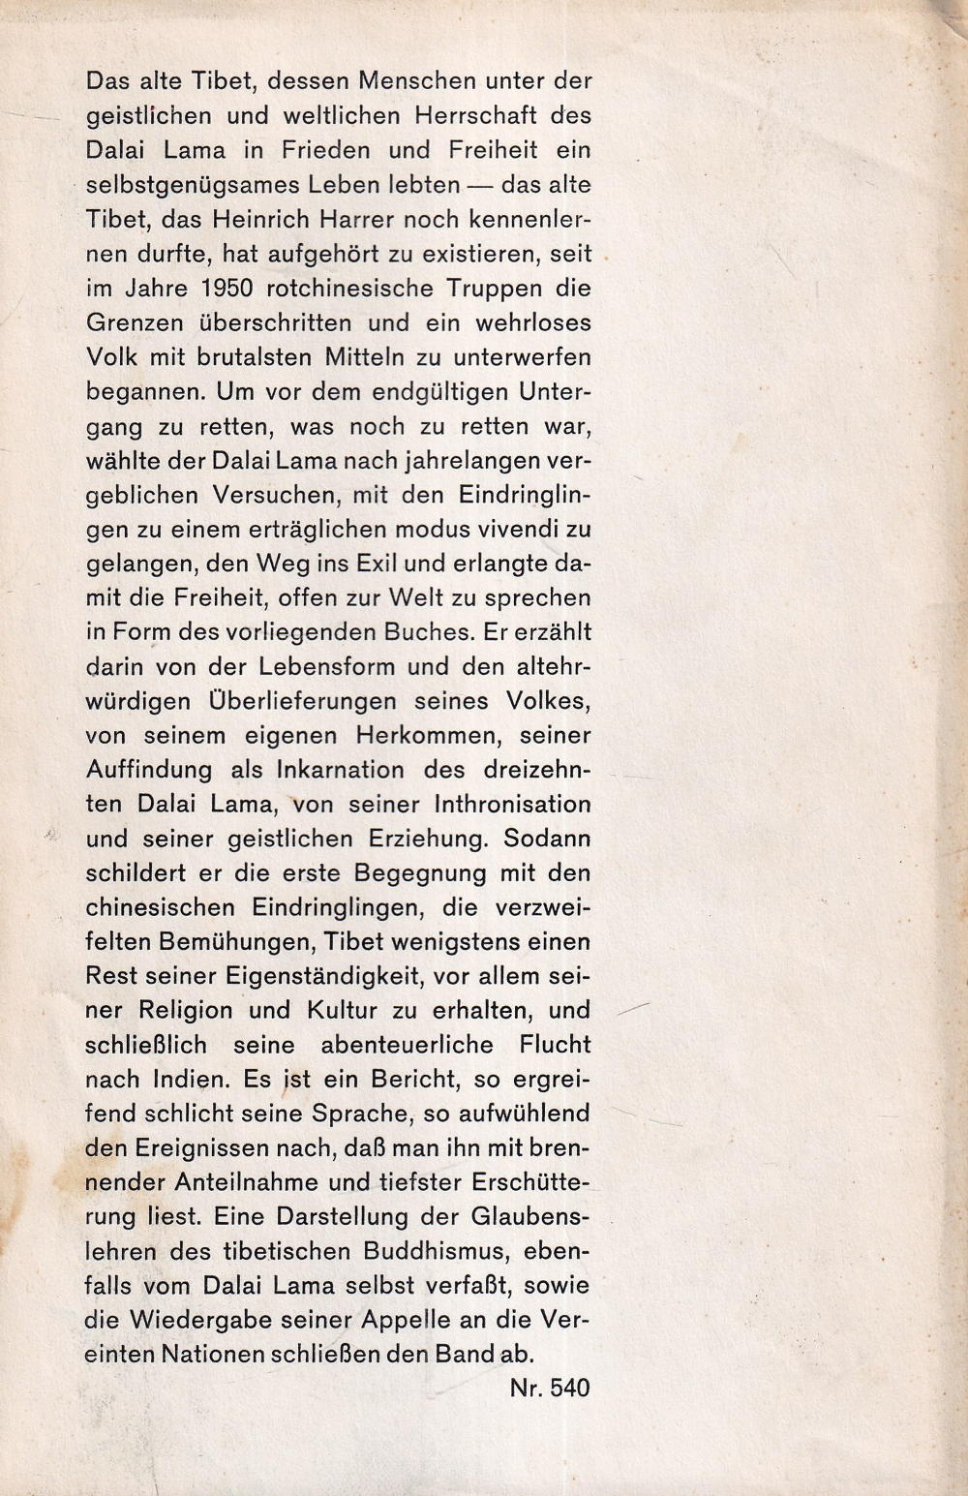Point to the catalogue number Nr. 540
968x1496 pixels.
(x=548, y=1388)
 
